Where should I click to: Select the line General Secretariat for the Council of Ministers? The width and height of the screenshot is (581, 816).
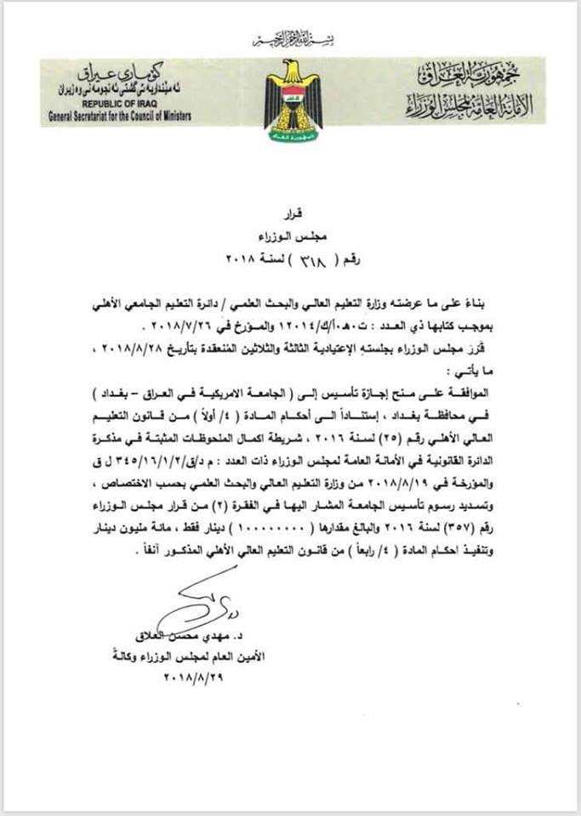(x=117, y=115)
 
